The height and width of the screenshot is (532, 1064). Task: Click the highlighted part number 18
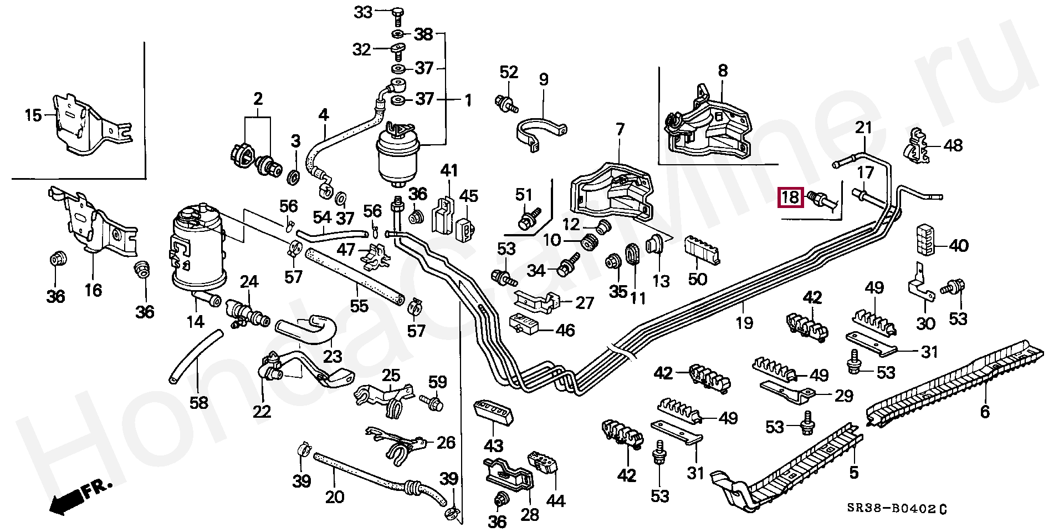[791, 197]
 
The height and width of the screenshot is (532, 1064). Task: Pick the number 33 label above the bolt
[364, 12]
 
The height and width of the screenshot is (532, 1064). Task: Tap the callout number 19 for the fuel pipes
[744, 322]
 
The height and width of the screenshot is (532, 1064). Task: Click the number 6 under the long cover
[984, 411]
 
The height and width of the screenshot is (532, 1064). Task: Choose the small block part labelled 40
[924, 239]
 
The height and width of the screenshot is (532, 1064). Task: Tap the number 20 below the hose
[335, 496]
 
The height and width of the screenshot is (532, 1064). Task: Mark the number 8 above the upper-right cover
[723, 70]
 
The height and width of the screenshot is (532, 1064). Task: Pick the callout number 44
[555, 500]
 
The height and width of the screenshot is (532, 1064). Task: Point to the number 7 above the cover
[620, 130]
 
